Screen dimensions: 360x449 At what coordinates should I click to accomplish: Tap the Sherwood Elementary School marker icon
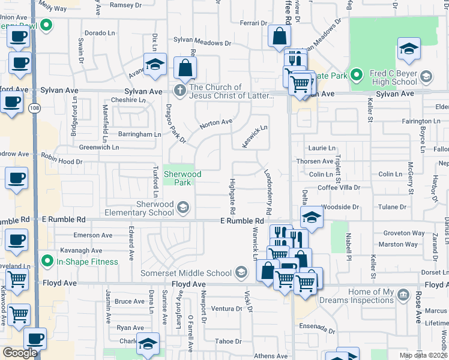pyautogui.click(x=183, y=208)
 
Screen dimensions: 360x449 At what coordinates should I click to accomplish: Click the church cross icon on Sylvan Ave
pyautogui.click(x=179, y=91)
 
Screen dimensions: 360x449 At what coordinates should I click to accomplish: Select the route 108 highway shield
pyautogui.click(x=34, y=107)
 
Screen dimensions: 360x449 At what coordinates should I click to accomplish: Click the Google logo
pyautogui.click(x=20, y=353)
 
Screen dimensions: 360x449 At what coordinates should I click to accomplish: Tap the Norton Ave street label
pyautogui.click(x=216, y=122)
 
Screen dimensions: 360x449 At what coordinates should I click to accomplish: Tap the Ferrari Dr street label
pyautogui.click(x=253, y=23)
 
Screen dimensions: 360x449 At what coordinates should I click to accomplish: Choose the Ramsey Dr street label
pyautogui.click(x=125, y=5)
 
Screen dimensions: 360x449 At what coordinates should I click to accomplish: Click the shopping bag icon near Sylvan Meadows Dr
pyautogui.click(x=279, y=37)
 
